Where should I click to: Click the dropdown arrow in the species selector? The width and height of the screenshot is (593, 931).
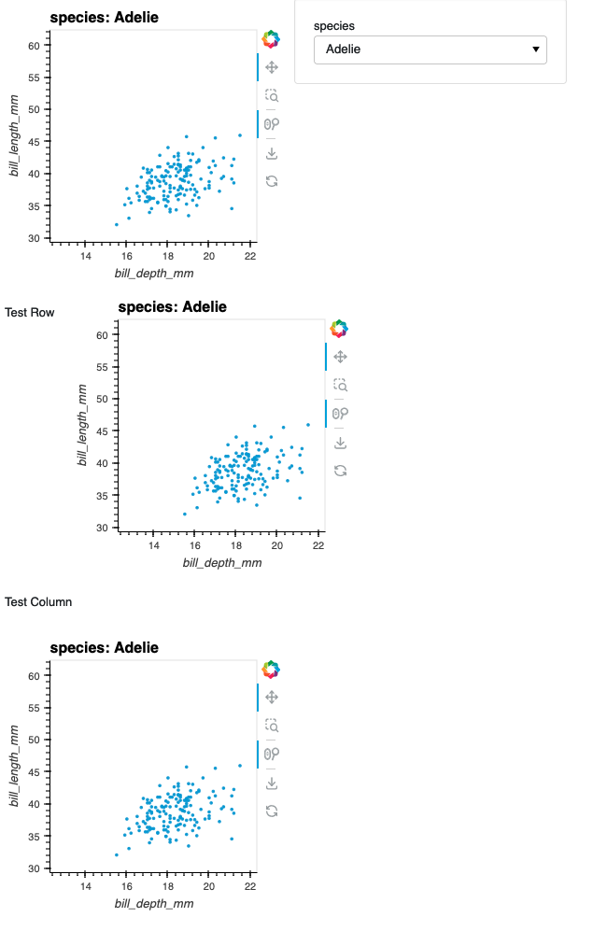(x=535, y=49)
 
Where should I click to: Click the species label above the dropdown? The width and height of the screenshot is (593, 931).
(x=334, y=26)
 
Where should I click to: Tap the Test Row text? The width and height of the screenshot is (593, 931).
(x=29, y=313)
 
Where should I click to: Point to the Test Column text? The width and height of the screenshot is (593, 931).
(x=38, y=601)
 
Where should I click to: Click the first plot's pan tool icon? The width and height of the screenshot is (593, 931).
(x=272, y=67)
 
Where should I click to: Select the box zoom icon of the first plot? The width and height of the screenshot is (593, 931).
(x=272, y=95)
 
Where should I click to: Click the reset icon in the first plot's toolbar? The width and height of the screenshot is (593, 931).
(x=272, y=180)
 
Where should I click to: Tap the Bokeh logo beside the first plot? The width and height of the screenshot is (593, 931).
(x=271, y=39)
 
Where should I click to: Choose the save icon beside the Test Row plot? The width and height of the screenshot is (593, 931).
(x=340, y=443)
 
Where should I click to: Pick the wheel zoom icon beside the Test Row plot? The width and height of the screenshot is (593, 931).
(x=340, y=413)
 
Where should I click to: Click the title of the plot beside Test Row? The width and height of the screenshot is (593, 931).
(x=172, y=306)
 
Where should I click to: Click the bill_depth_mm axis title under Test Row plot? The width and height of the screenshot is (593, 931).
(x=222, y=563)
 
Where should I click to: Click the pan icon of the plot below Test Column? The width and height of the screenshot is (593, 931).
(x=272, y=697)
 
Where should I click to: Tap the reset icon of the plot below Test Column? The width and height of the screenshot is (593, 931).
(x=272, y=811)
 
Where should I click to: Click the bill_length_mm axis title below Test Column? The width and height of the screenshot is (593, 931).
(x=14, y=772)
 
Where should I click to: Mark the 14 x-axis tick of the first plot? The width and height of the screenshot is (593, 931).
(x=85, y=257)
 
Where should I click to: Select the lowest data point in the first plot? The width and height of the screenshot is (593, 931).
(x=117, y=224)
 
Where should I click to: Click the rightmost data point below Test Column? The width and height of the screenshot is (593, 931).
(x=240, y=766)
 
